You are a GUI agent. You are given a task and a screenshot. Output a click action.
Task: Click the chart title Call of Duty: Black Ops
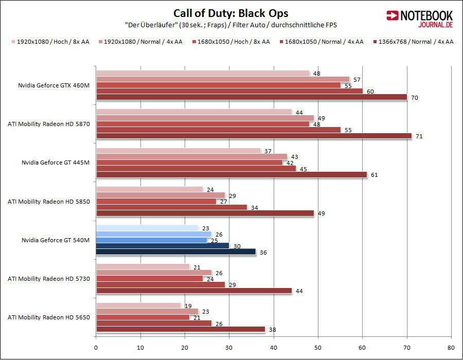click(231, 13)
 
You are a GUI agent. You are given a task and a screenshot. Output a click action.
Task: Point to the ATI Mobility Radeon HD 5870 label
click(49, 124)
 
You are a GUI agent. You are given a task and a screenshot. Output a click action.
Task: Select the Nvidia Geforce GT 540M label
click(56, 240)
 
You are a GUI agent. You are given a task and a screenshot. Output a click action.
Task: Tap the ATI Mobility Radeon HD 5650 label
click(49, 317)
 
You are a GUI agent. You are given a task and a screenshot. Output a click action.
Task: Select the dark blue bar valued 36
click(175, 251)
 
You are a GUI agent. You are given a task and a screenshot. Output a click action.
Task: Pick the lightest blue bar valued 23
click(147, 228)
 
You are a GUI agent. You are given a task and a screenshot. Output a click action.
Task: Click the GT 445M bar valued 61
click(232, 174)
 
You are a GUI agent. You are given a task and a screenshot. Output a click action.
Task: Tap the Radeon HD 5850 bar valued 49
click(205, 213)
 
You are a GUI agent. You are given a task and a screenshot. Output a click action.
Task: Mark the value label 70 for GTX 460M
click(414, 97)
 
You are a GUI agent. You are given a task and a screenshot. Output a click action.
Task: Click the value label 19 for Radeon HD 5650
click(188, 305)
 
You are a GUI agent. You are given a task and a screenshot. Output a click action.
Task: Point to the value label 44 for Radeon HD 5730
click(298, 291)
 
